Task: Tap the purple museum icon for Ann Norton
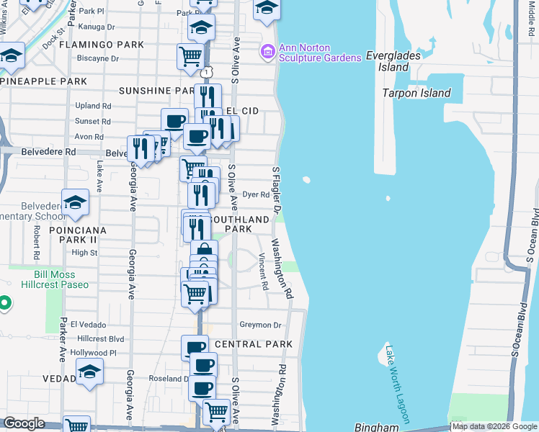coord(267,50)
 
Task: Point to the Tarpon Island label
coord(416,93)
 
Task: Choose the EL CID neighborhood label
coord(242,111)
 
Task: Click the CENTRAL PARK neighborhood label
coord(254,344)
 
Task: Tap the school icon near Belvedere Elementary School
coord(75,204)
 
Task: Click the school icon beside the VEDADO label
coord(89,372)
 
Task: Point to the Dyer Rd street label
coord(256,194)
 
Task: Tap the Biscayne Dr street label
coord(97,58)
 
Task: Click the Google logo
coord(24,423)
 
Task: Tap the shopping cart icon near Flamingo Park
coord(190,55)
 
